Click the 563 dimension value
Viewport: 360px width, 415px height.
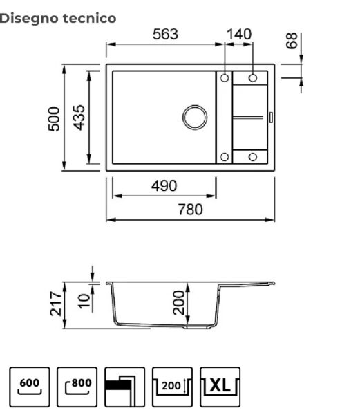[x=165, y=35]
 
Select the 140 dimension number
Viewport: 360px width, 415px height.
[x=239, y=35]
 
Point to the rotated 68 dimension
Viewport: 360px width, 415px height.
[x=292, y=41]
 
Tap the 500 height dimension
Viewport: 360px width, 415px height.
[x=54, y=119]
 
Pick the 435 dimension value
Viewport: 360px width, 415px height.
[x=79, y=118]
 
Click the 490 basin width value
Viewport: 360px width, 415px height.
[x=164, y=186]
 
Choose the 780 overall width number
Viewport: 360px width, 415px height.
[x=190, y=210]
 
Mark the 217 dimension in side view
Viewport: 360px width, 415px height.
[x=56, y=304]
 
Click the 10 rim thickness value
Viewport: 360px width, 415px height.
[x=84, y=301]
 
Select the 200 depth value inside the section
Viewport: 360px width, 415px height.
[x=179, y=302]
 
